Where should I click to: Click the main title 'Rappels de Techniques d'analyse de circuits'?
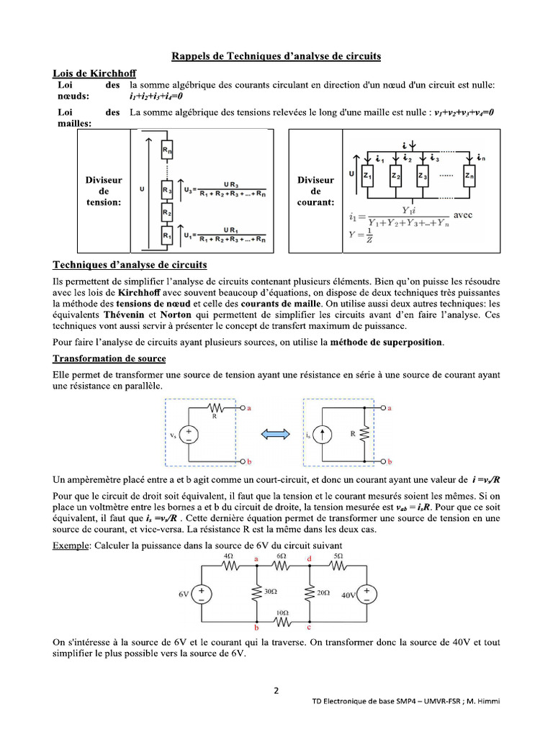[276, 55]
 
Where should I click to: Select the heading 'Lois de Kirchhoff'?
[95, 73]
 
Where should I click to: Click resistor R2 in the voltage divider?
[166, 213]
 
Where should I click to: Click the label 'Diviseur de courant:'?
[315, 191]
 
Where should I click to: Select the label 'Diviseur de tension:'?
[104, 191]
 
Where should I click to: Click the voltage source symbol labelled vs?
[189, 435]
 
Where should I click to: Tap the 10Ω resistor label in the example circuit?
[282, 612]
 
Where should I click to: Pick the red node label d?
[310, 559]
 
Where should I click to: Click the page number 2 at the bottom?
[276, 692]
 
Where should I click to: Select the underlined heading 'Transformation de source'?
[109, 358]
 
